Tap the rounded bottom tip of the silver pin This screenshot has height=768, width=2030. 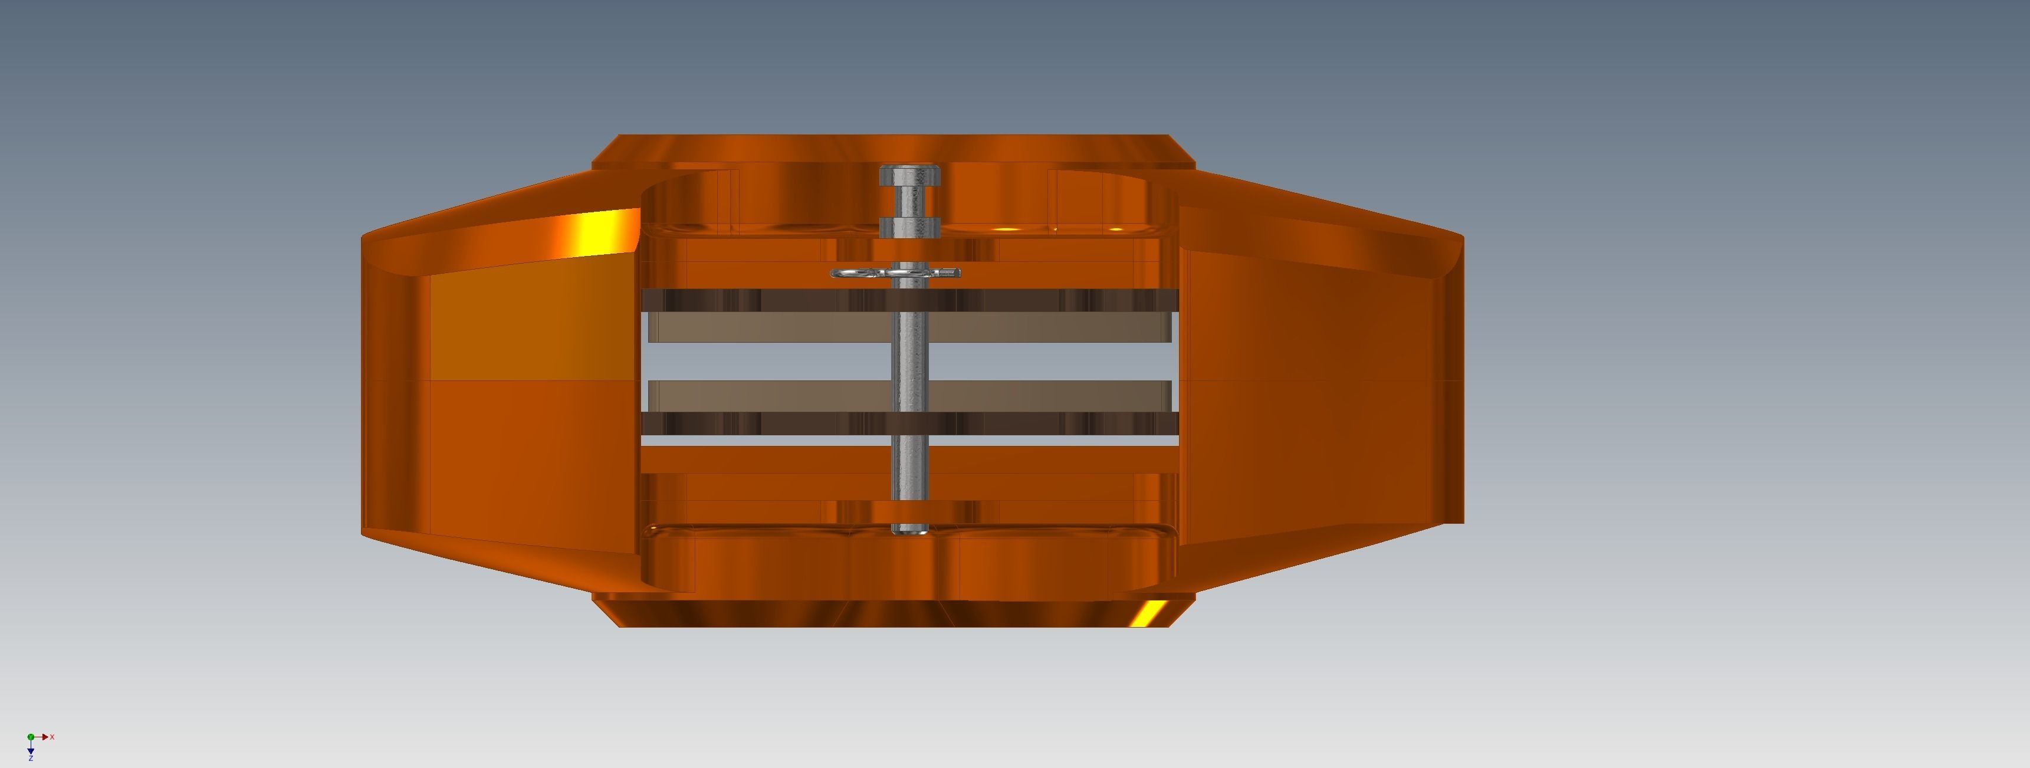909,531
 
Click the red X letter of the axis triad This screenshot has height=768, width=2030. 52,737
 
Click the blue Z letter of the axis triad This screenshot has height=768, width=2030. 31,759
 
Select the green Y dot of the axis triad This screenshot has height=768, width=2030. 31,737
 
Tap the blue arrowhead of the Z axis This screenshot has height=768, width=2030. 31,751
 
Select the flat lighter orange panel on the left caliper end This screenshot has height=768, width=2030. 528,327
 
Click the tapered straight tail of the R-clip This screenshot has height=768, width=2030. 950,273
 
